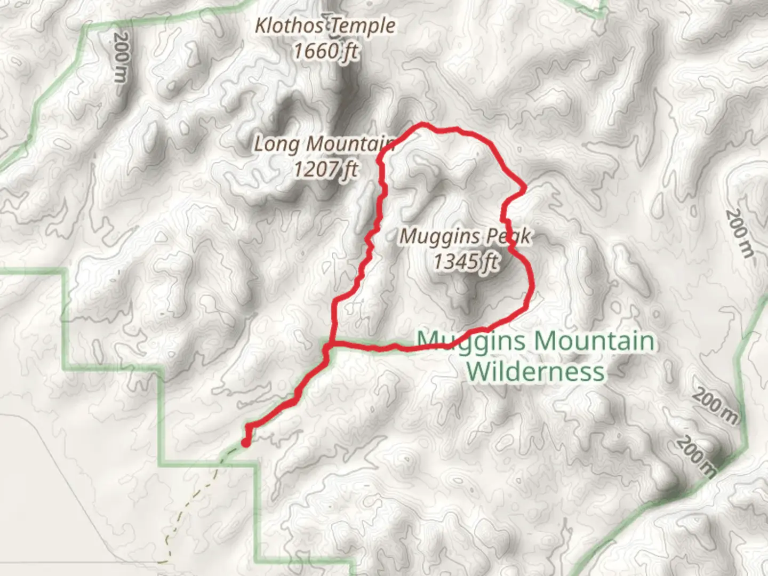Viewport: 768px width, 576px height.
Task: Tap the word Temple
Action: click(368, 26)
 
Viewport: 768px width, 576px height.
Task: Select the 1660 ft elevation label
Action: click(325, 51)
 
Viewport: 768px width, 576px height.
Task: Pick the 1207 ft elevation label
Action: click(325, 170)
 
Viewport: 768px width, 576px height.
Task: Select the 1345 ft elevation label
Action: click(466, 262)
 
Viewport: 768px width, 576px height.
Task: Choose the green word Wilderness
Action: click(535, 372)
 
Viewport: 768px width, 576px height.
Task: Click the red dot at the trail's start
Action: click(246, 442)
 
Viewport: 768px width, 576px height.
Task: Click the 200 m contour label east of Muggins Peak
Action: click(740, 233)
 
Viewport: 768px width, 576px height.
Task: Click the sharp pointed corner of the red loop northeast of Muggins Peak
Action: click(525, 188)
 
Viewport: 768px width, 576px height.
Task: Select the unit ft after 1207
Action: click(350, 170)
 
